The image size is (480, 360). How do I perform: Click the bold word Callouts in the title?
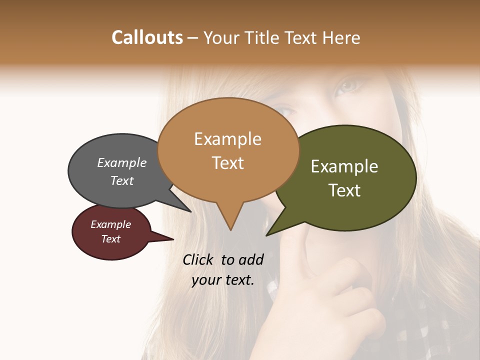click(147, 37)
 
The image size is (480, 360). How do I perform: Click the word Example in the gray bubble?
click(122, 163)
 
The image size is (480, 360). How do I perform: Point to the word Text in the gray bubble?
click(122, 180)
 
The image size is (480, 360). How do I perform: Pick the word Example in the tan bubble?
click(227, 139)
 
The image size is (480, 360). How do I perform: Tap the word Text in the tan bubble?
click(228, 163)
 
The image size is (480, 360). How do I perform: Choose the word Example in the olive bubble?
click(344, 166)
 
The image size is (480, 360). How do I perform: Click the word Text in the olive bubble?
click(345, 190)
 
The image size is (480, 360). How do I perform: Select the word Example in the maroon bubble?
click(111, 224)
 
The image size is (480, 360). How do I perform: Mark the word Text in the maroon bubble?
click(111, 239)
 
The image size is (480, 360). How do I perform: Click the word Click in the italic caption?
click(198, 259)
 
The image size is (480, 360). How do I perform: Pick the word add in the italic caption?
click(250, 259)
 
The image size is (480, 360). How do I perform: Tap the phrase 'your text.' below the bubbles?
click(223, 280)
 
